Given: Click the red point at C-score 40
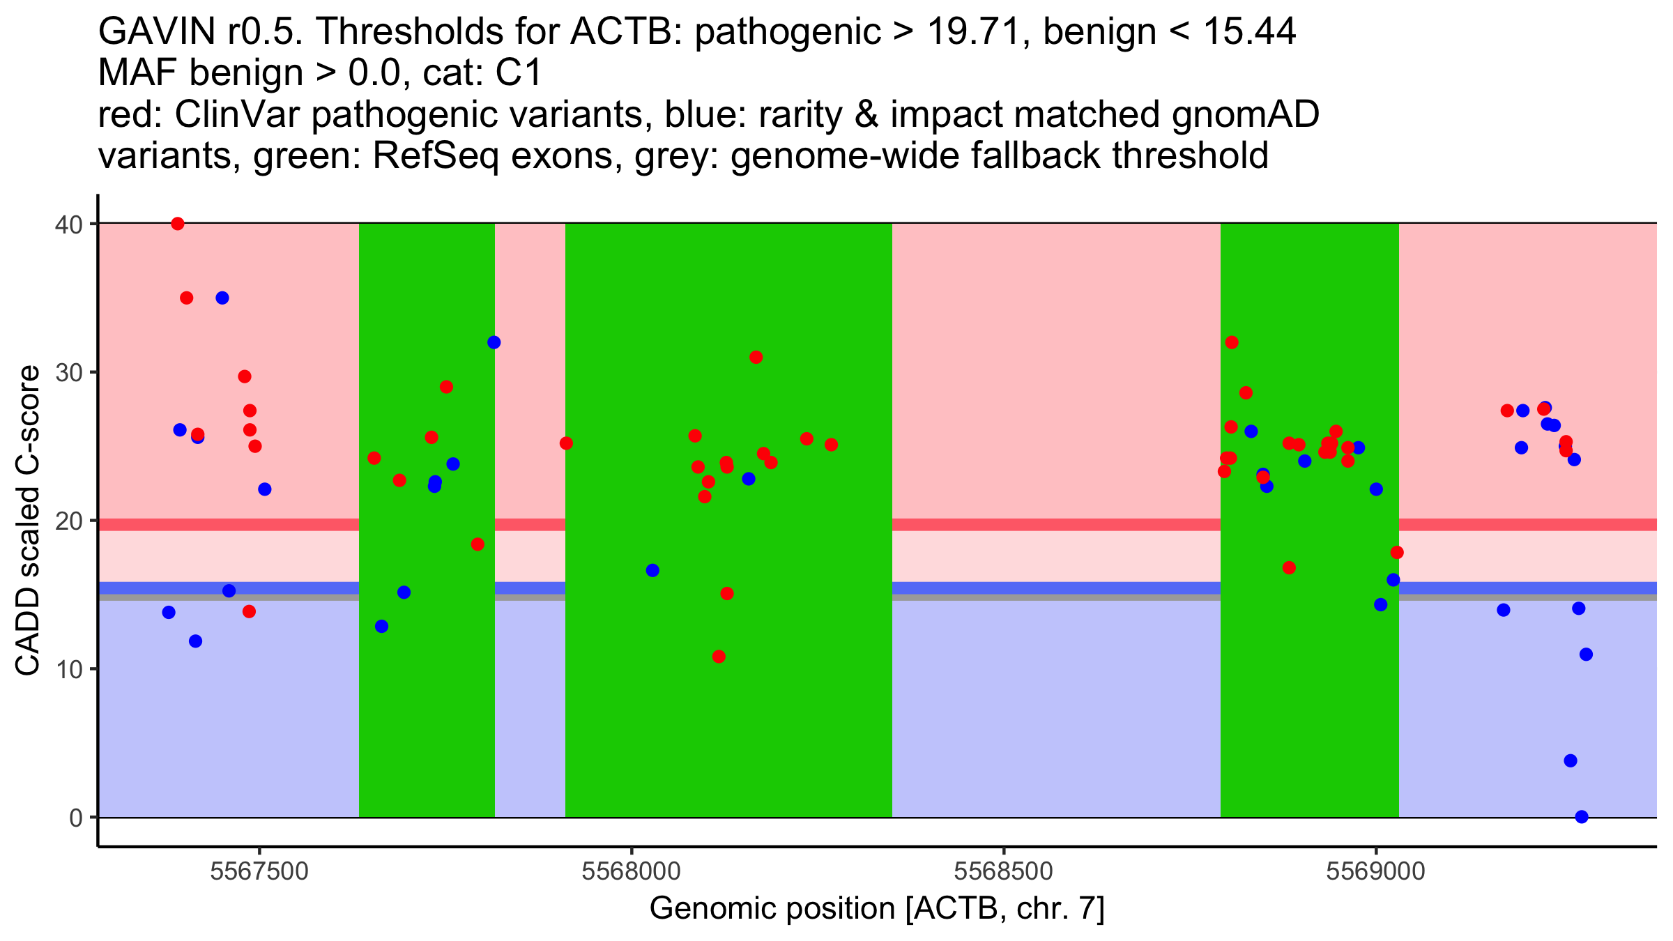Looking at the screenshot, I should (x=178, y=224).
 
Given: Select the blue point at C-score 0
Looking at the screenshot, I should (x=1582, y=817).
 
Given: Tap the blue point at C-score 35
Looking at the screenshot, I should (x=222, y=298).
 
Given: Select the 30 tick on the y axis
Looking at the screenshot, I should (x=68, y=372).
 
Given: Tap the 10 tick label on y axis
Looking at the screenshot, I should (x=68, y=669).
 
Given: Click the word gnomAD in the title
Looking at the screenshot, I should (x=1245, y=115).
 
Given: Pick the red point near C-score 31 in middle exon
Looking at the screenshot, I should (x=756, y=358).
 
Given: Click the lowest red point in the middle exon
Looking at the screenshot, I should (x=719, y=657).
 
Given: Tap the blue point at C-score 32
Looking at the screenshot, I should (x=494, y=342).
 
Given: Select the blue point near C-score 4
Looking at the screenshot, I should (x=1571, y=760).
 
